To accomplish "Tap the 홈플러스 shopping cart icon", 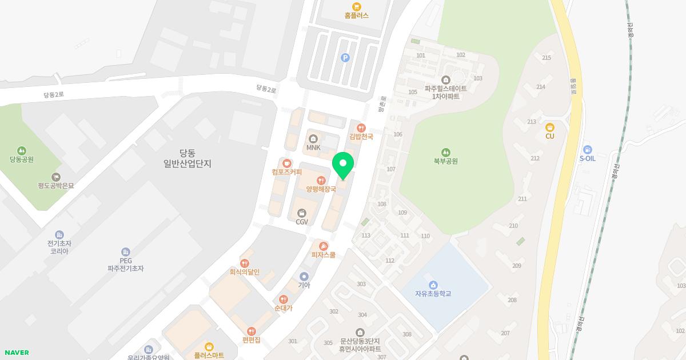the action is click(357, 6).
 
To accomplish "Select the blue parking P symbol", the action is click(345, 57).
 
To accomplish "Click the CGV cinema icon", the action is click(302, 213).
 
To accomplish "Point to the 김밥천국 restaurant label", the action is click(361, 137).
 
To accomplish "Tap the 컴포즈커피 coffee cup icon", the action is click(286, 163).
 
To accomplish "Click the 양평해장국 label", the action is click(321, 189).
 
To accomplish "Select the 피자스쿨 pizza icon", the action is click(323, 246).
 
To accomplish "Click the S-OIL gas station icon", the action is click(587, 150).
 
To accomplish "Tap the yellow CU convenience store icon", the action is click(550, 127).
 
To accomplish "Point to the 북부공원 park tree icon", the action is click(445, 153).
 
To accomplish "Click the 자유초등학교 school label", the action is click(433, 294).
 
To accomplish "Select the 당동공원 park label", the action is click(22, 159).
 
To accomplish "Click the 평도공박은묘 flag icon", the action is click(56, 177).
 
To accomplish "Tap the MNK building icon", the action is click(313, 139).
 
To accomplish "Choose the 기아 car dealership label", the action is click(304, 285).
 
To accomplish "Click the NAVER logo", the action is click(16, 353).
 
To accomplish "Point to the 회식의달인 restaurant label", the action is click(244, 272).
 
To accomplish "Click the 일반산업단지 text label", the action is click(187, 163).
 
